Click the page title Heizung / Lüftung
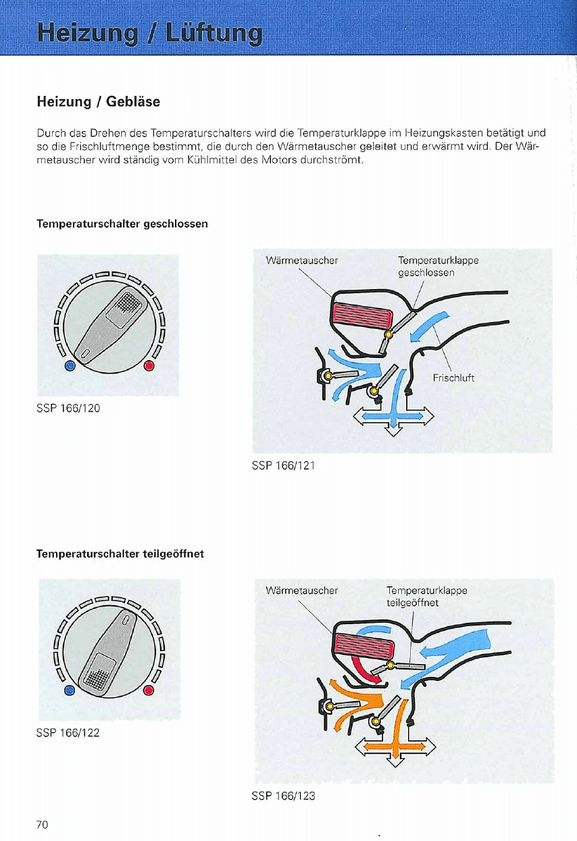coord(150,32)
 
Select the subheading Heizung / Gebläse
coord(98,102)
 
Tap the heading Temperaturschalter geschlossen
coord(122,224)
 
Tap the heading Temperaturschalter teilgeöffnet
coord(120,554)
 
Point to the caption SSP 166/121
coord(283,465)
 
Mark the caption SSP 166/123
coord(283,796)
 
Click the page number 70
coord(43,824)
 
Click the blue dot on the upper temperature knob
coord(70,366)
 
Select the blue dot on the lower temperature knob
coord(70,690)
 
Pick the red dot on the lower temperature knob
coord(149,690)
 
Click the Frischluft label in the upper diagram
coord(453,378)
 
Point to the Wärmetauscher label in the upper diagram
coord(302,259)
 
